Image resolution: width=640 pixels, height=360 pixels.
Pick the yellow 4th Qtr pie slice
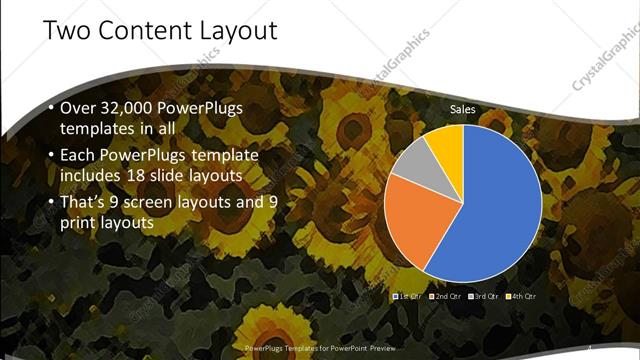point(450,144)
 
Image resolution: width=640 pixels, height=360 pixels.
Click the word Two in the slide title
point(67,31)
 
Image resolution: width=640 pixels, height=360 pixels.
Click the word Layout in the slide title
point(239,31)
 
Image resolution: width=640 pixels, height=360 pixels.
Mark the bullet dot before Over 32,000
point(49,108)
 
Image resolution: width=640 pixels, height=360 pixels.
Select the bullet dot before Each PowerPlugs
point(49,156)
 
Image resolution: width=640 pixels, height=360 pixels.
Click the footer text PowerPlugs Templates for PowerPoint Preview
point(319,347)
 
